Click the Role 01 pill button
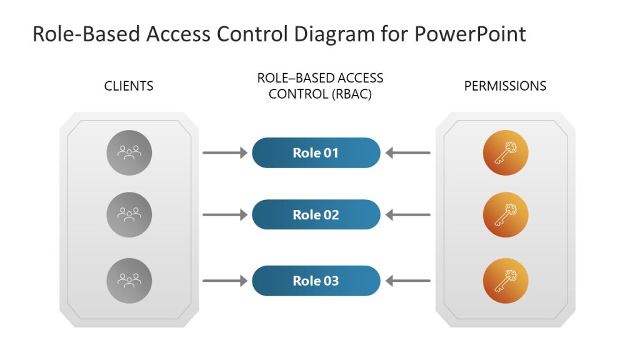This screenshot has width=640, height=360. point(316,152)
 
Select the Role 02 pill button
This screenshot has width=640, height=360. point(316,215)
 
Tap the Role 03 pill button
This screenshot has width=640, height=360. point(316,281)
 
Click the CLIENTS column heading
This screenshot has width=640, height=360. point(129,86)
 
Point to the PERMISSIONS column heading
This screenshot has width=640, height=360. point(505,86)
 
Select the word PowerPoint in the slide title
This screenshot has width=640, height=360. point(470,34)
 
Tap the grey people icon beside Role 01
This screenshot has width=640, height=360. point(129,152)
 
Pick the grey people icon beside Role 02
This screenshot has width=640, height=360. point(129,215)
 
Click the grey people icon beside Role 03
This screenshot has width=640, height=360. point(129,281)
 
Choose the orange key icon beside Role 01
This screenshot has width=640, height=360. point(506,152)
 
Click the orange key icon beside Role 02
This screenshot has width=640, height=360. point(506,215)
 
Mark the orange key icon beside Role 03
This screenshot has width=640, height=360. point(506,281)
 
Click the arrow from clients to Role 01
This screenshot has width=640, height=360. point(225,152)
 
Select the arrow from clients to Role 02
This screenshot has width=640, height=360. point(225,215)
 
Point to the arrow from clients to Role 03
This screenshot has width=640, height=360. point(225,281)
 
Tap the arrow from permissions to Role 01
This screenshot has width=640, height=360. point(407,152)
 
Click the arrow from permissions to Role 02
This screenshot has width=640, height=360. point(407,215)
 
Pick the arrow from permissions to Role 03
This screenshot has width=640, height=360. point(407,281)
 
